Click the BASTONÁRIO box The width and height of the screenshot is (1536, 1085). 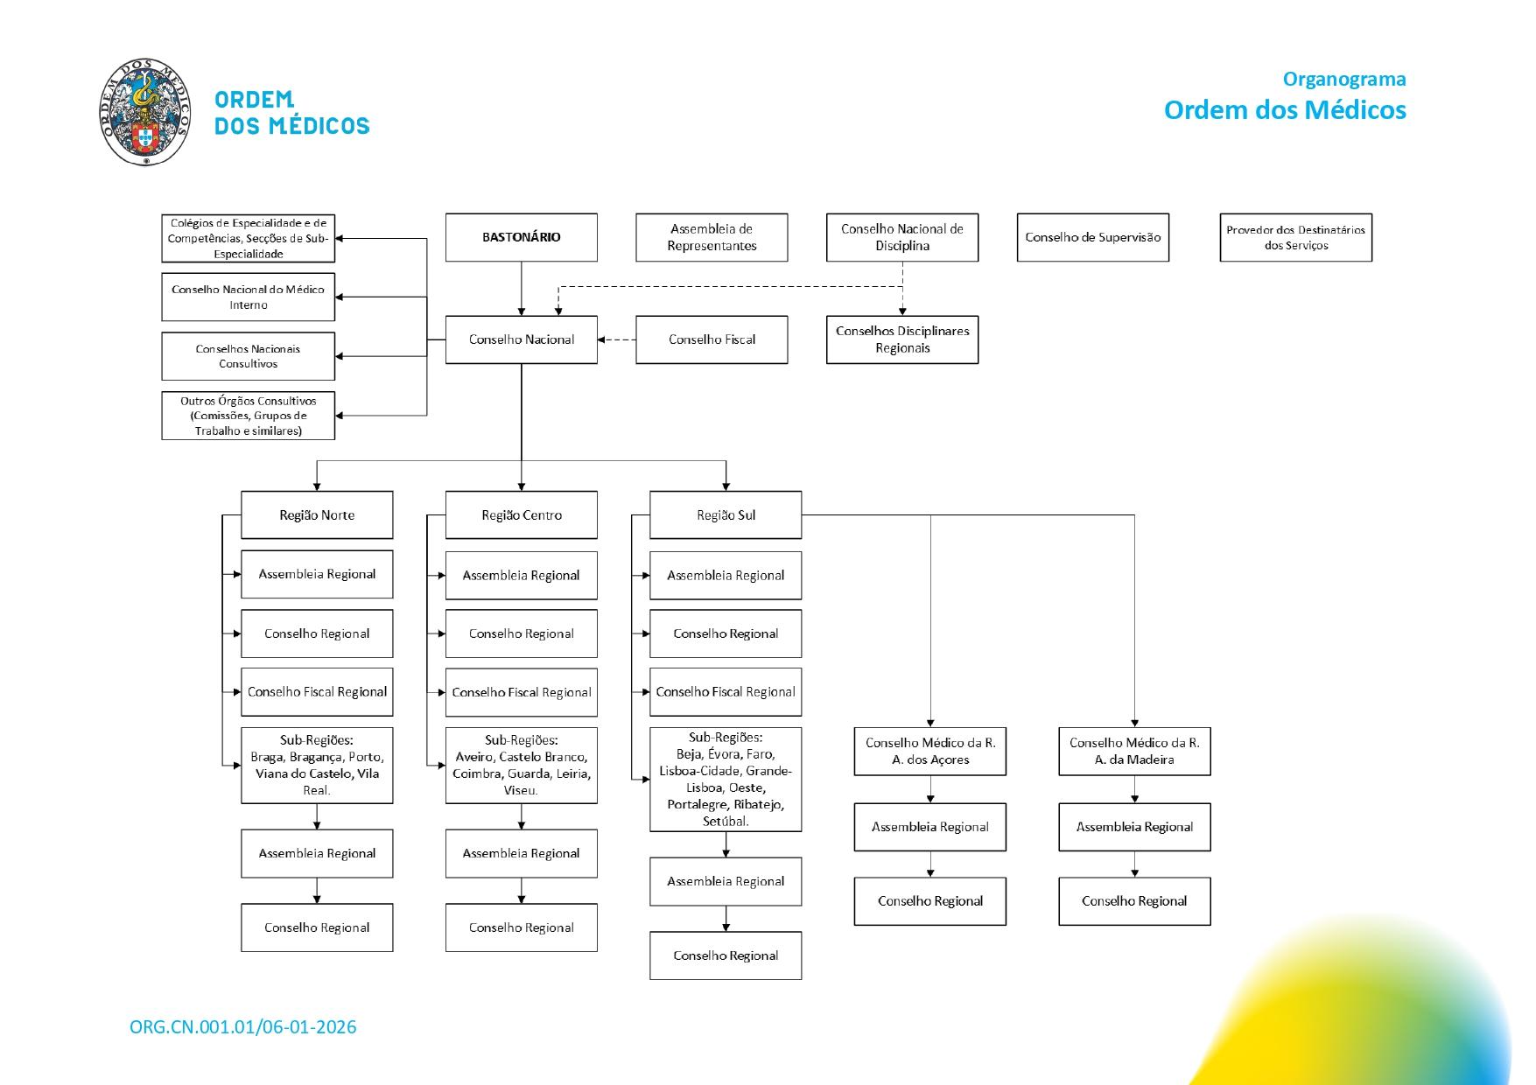[521, 237]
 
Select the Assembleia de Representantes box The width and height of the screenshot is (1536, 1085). [712, 237]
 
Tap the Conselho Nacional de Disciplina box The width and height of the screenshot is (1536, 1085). [901, 237]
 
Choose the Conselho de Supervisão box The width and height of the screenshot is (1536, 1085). [1092, 237]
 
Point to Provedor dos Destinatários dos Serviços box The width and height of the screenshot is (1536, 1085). [1295, 237]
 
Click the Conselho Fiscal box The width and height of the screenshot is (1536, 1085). [712, 339]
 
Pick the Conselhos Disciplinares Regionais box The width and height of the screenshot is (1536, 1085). [901, 339]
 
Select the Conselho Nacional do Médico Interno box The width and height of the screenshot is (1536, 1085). [248, 297]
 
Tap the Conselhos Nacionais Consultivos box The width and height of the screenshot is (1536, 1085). [248, 356]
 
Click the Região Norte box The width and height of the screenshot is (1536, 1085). [317, 514]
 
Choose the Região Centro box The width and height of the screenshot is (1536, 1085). [521, 514]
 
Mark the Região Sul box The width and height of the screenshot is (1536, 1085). [726, 514]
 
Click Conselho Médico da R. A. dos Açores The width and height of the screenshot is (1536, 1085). [929, 751]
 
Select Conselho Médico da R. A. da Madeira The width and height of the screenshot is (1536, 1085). [1134, 751]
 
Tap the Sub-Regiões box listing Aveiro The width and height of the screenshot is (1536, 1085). [521, 765]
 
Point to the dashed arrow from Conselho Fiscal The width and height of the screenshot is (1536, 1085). [617, 339]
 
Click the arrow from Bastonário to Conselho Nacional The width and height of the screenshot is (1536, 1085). [522, 289]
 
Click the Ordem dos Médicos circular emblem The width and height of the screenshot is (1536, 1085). [145, 112]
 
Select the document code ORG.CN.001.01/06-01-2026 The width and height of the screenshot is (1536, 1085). [243, 1026]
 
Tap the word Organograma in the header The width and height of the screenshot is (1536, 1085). [1344, 79]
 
